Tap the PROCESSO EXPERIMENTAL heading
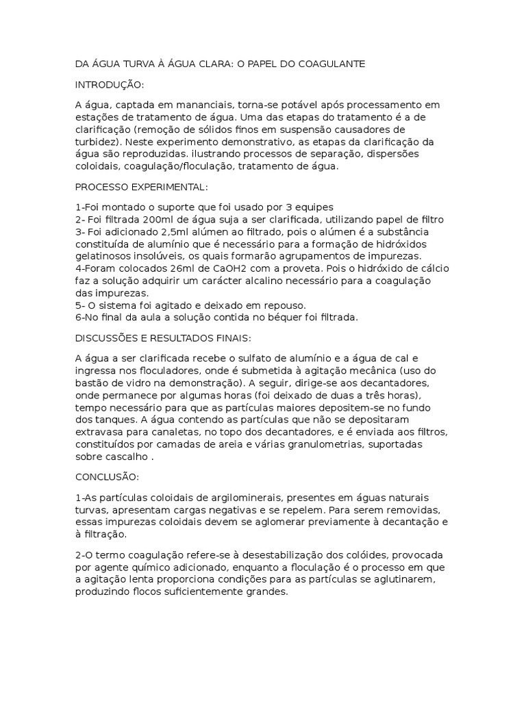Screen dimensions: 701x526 141,187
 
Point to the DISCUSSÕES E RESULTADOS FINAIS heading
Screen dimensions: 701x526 163,337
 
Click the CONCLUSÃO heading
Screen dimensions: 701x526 107,476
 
